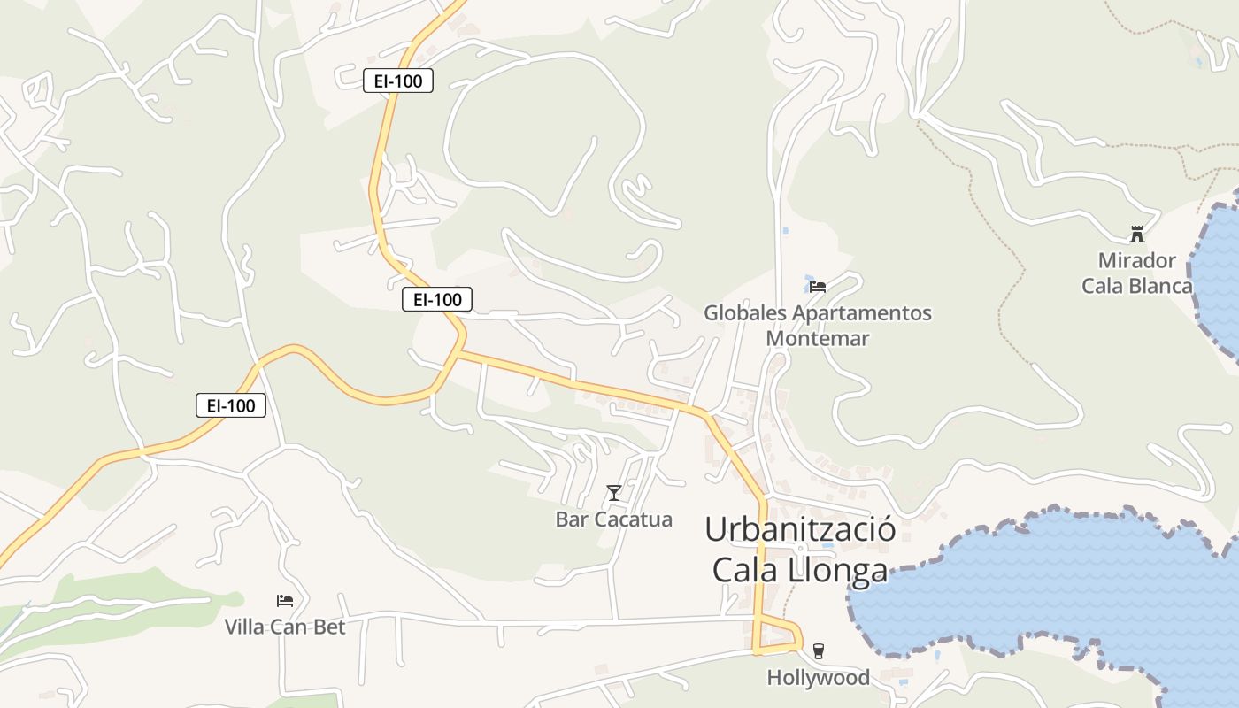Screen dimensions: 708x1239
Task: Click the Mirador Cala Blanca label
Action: pos(1136,273)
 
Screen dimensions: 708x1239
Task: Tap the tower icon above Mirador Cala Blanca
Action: pos(1137,235)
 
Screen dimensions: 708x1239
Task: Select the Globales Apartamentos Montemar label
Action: pos(818,326)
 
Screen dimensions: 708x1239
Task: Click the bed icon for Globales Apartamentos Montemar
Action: pos(818,286)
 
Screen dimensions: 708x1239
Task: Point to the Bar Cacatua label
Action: pos(613,519)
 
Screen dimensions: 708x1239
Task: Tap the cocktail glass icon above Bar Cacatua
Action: pos(614,492)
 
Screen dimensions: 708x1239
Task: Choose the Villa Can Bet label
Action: pos(284,627)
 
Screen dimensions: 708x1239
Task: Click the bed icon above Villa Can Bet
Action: pos(285,601)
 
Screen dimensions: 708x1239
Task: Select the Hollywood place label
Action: pos(818,678)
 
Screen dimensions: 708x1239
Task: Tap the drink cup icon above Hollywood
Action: pos(818,651)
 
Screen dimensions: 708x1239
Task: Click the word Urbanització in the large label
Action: pos(800,529)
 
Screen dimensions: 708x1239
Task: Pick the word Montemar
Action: pos(818,338)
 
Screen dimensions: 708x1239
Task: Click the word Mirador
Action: pos(1136,261)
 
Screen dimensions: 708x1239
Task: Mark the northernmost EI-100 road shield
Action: pos(398,81)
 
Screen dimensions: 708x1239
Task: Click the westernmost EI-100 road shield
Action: pos(231,406)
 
